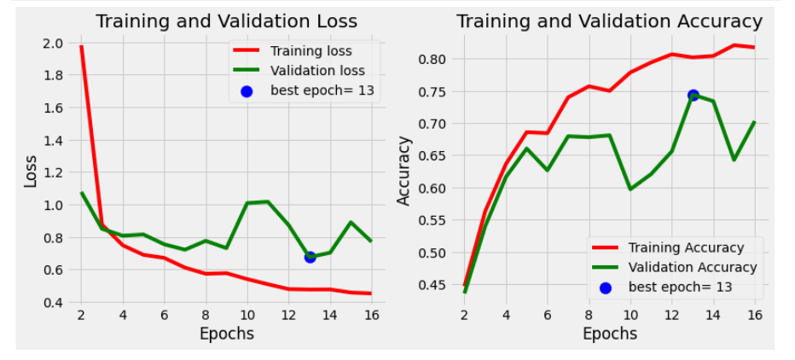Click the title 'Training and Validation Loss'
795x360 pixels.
(226, 21)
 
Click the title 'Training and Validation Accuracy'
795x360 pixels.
(609, 21)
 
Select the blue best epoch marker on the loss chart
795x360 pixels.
(310, 256)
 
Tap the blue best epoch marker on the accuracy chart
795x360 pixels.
(693, 95)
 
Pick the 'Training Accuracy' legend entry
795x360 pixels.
(685, 247)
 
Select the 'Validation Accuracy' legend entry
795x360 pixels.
(692, 267)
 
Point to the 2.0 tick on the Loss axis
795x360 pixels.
(52, 44)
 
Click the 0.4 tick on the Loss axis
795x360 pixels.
(52, 303)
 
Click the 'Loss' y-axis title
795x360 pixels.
(31, 172)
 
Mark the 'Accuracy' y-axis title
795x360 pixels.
(405, 172)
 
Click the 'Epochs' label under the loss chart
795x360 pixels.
(226, 334)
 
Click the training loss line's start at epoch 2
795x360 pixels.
(81, 46)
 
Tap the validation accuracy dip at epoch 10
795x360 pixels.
(630, 189)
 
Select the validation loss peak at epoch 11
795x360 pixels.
(268, 201)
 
